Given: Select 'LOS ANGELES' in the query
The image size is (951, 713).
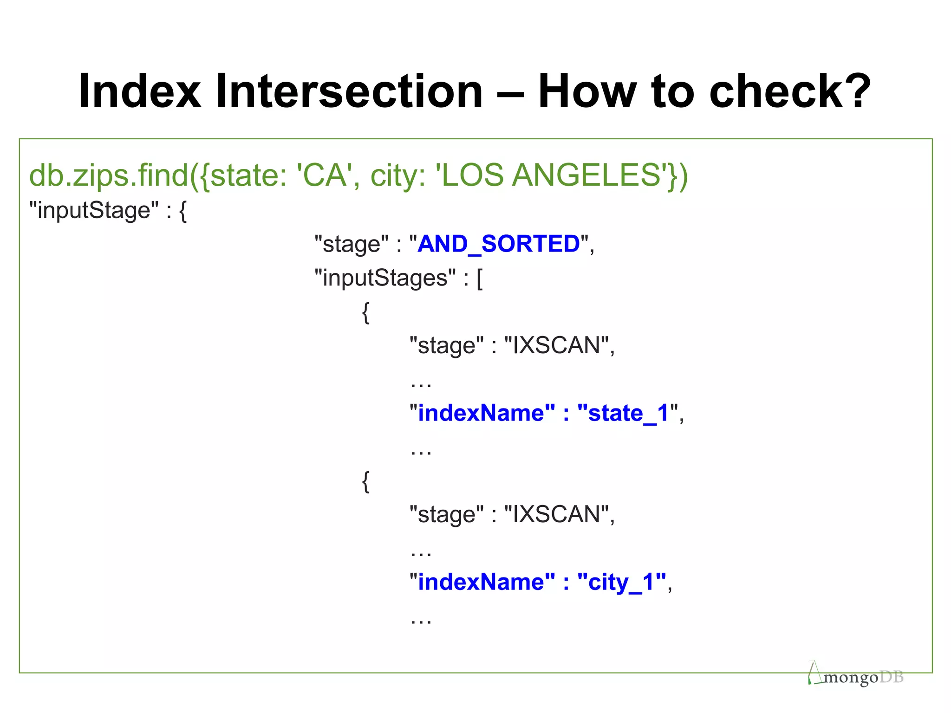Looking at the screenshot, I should [551, 175].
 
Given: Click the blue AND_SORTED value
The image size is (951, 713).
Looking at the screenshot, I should [499, 244].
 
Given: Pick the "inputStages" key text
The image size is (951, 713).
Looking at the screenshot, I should [385, 278].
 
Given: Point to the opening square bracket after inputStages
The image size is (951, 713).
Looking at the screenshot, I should [480, 279].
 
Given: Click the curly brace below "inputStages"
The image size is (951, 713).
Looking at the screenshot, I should [366, 312].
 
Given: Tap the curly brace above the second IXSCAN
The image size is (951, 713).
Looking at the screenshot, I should [366, 481].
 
